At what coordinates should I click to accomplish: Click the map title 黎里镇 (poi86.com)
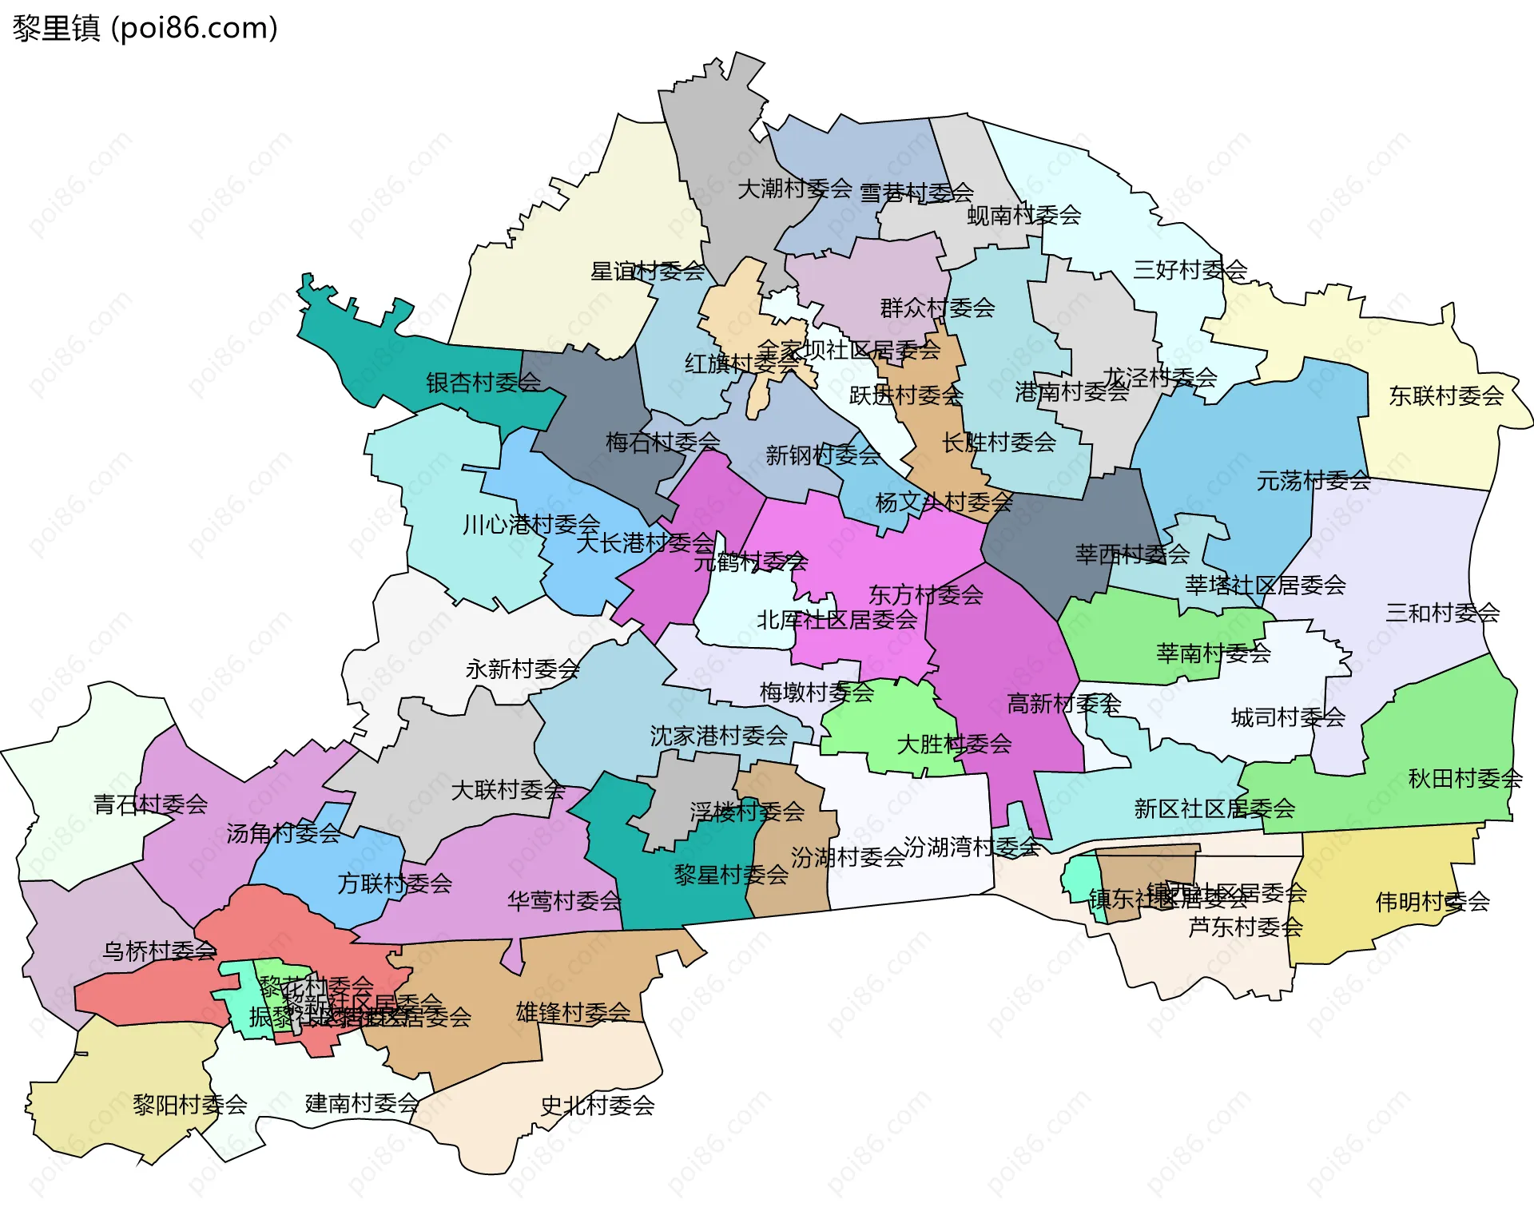pyautogui.click(x=145, y=28)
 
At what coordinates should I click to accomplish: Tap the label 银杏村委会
pyautogui.click(x=483, y=383)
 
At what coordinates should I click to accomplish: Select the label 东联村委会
pyautogui.click(x=1446, y=395)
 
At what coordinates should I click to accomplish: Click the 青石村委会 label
pyautogui.click(x=150, y=804)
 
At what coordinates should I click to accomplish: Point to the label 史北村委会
pyautogui.click(x=598, y=1106)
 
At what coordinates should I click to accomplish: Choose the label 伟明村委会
pyautogui.click(x=1433, y=902)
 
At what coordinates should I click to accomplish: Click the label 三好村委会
pyautogui.click(x=1190, y=270)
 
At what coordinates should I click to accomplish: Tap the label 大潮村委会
pyautogui.click(x=794, y=189)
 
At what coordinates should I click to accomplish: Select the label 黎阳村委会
pyautogui.click(x=189, y=1105)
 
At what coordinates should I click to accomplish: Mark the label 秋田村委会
pyautogui.click(x=1464, y=778)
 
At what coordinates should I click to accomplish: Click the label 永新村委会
pyautogui.click(x=523, y=669)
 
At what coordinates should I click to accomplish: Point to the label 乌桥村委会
pyautogui.click(x=159, y=951)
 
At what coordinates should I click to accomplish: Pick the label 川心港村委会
pyautogui.click(x=531, y=525)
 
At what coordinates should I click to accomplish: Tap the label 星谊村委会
pyautogui.click(x=647, y=272)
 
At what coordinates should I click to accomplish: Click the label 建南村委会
pyautogui.click(x=362, y=1103)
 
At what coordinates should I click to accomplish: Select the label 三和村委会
pyautogui.click(x=1442, y=613)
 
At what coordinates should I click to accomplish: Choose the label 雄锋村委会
pyautogui.click(x=573, y=1012)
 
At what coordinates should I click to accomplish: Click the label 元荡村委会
pyautogui.click(x=1313, y=481)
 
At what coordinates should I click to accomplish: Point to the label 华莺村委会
pyautogui.click(x=564, y=901)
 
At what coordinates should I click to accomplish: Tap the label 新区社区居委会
pyautogui.click(x=1214, y=808)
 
